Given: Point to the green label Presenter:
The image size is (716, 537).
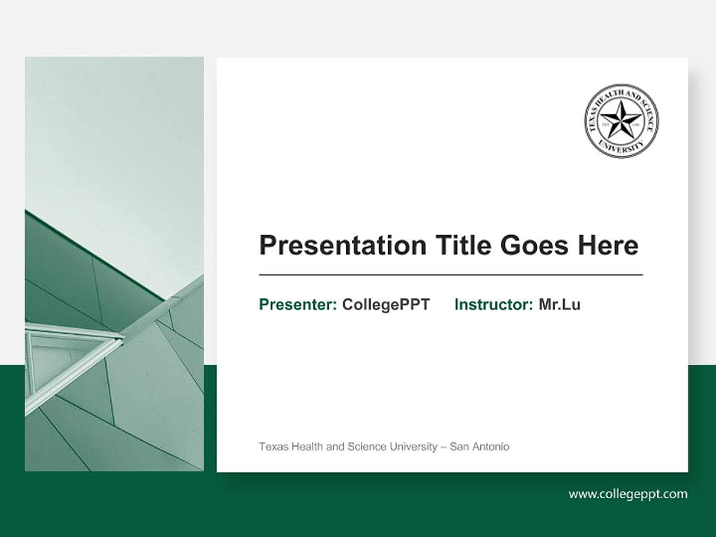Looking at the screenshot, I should tap(298, 304).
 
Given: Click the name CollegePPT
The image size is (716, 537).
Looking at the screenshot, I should tap(386, 304).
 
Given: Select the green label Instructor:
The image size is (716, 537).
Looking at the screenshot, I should tap(493, 304).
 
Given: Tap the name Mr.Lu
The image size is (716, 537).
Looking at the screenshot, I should tap(559, 304).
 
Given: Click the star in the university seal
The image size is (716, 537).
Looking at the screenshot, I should tap(621, 119).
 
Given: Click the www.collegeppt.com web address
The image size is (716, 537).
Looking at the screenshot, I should tap(627, 494).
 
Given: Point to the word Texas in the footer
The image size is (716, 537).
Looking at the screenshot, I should tap(271, 447).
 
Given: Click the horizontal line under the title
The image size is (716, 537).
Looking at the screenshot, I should tap(450, 275).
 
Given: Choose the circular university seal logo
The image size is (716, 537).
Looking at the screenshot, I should tap(621, 121).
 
